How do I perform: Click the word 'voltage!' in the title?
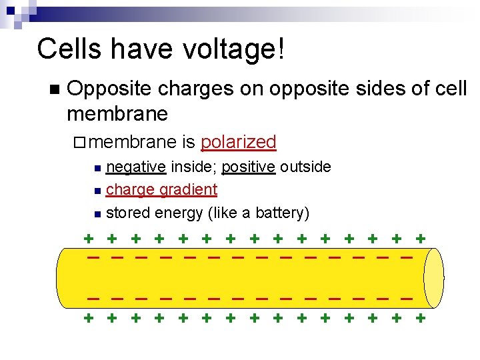click(x=234, y=49)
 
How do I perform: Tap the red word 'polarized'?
click(x=238, y=142)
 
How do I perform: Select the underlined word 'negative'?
click(x=136, y=167)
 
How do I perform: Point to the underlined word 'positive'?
click(x=249, y=167)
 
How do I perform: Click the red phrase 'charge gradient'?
click(x=161, y=190)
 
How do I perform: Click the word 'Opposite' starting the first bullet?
click(x=110, y=89)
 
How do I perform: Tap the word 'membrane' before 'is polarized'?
click(x=131, y=143)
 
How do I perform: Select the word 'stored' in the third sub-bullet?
click(x=128, y=213)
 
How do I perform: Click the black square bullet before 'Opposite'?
click(x=54, y=89)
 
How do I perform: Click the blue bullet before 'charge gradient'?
click(x=98, y=191)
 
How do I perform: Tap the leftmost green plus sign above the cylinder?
click(x=87, y=237)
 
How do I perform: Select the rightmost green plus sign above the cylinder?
click(x=420, y=237)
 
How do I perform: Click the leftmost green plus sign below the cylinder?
click(x=87, y=318)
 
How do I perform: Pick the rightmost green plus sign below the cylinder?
click(x=420, y=318)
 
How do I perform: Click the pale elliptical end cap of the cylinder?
click(x=433, y=277)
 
